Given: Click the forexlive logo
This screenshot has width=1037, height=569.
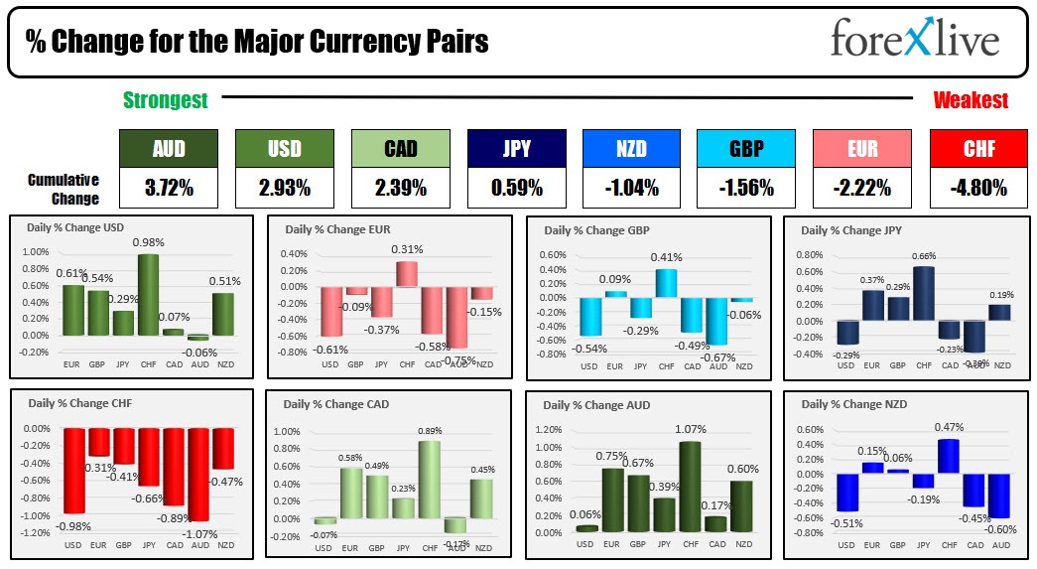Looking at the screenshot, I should [x=914, y=41].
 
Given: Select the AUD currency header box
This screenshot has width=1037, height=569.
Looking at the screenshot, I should [x=167, y=149].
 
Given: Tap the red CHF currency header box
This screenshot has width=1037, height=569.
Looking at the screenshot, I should [x=977, y=149].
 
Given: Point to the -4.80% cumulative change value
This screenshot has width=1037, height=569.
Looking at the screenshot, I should [x=977, y=187].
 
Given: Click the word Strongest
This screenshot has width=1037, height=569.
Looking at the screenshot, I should [x=165, y=100].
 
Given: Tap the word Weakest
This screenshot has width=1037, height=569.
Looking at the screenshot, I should [x=971, y=100].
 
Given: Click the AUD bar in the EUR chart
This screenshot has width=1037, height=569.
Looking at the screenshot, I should [x=457, y=317].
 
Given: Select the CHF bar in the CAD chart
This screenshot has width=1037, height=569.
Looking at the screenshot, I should [x=430, y=480].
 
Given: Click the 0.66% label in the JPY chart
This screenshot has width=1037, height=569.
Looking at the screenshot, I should [x=924, y=256].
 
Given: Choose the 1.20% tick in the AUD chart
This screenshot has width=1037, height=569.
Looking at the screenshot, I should [x=549, y=431].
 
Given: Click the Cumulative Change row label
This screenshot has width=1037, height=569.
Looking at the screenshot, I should [x=64, y=189].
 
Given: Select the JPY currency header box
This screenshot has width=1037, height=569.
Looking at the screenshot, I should [x=516, y=149].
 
